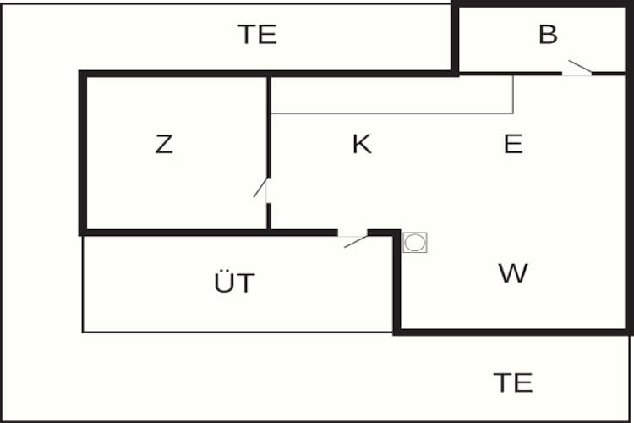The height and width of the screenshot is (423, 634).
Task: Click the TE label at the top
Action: tap(257, 35)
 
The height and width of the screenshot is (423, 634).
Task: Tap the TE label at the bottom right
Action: tap(513, 382)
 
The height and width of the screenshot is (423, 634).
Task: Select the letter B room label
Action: tap(549, 34)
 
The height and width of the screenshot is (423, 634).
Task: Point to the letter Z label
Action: tap(164, 144)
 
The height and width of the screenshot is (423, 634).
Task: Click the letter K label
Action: tap(362, 144)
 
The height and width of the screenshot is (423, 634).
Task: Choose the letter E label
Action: tap(513, 143)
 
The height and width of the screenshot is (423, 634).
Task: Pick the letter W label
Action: tap(513, 272)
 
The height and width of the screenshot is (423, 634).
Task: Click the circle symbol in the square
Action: tap(415, 243)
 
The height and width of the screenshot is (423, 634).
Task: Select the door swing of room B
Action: tap(581, 67)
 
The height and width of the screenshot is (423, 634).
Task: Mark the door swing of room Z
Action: tap(260, 188)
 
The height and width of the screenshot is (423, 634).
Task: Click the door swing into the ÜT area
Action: tap(356, 242)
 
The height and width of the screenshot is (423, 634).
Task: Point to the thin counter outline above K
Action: tap(392, 113)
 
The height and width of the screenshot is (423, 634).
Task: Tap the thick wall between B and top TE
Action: tap(455, 38)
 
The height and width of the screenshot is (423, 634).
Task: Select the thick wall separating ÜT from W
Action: tap(396, 283)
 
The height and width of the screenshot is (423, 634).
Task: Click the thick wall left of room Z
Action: tap(83, 153)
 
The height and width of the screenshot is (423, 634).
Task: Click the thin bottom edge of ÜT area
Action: tap(238, 332)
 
